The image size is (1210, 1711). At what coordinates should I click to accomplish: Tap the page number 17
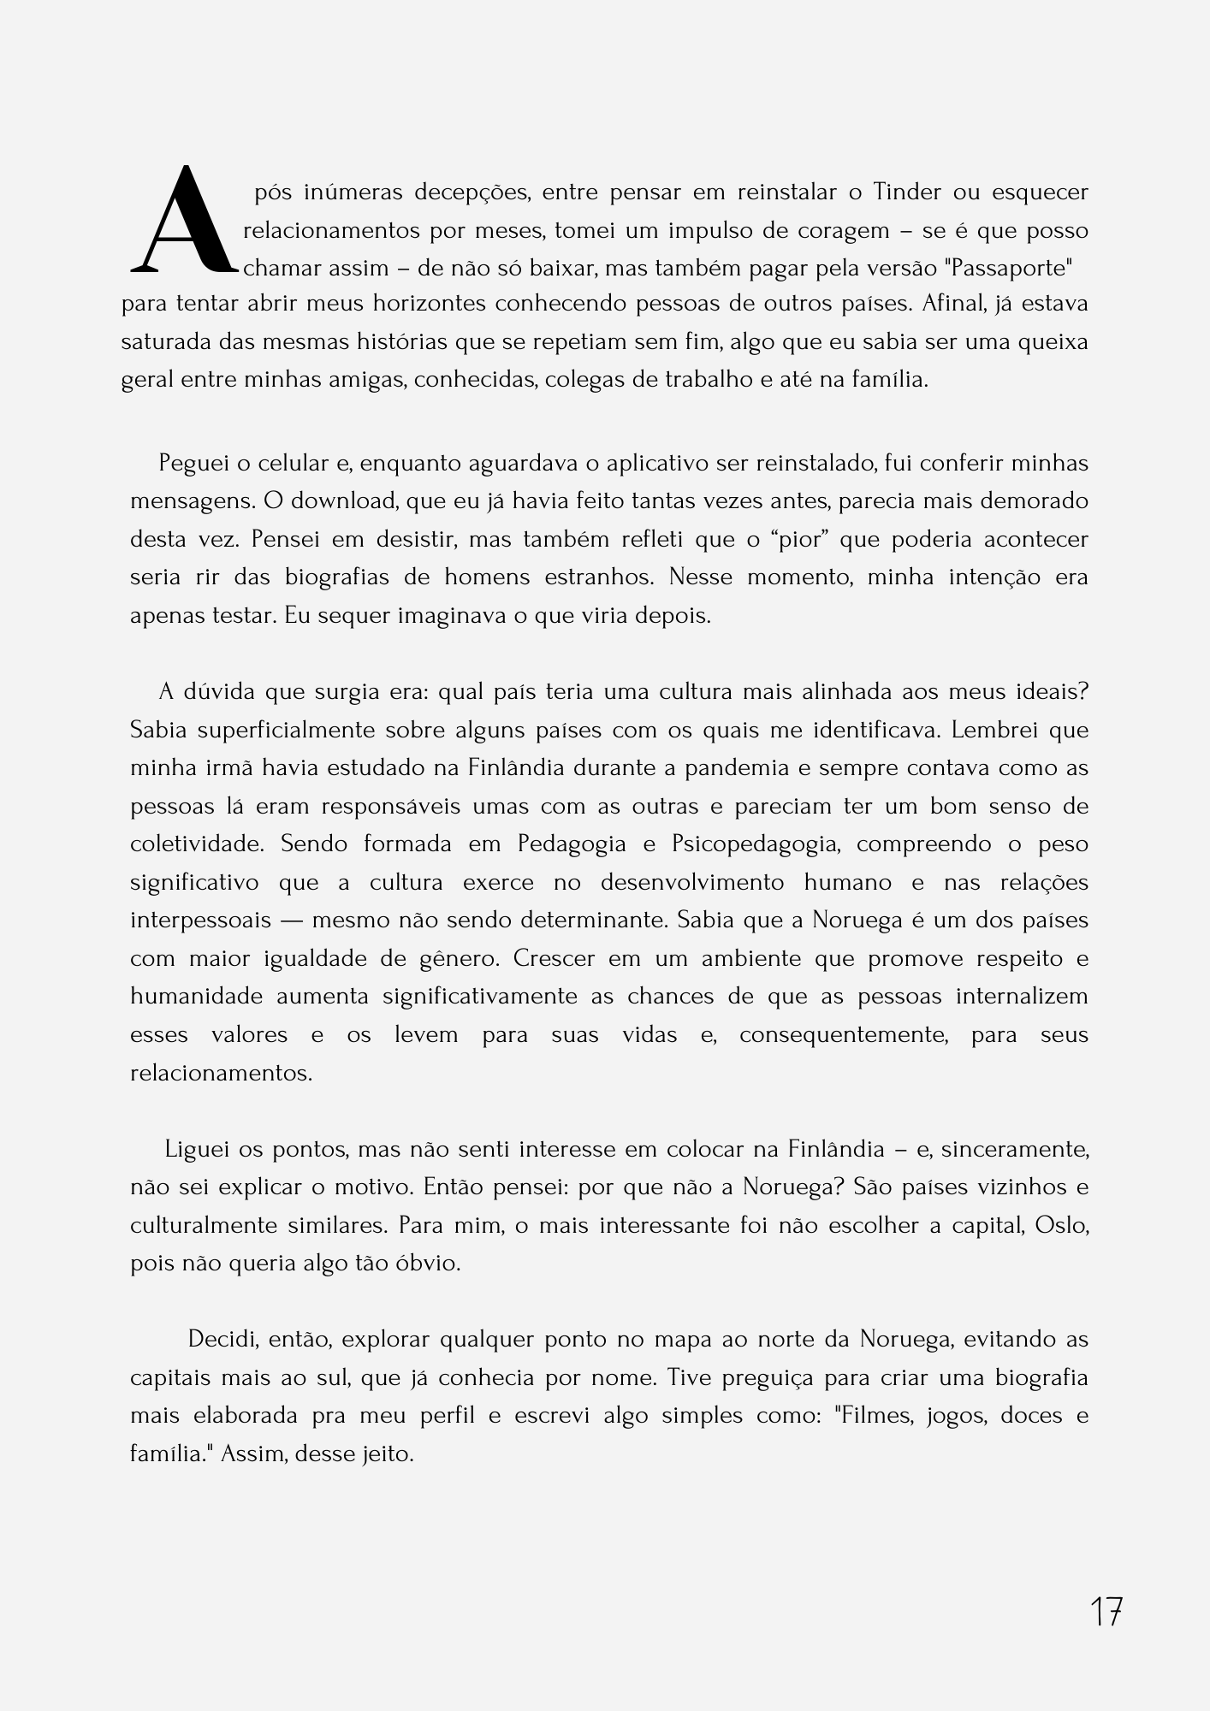point(1106,1612)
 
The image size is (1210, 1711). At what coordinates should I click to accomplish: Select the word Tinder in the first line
point(907,192)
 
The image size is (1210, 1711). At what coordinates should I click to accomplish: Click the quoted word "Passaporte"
point(1009,269)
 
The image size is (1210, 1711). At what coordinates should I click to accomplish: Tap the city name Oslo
point(1061,1225)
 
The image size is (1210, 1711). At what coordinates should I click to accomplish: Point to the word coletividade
point(198,844)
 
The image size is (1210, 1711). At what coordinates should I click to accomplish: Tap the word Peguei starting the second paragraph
point(193,463)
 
